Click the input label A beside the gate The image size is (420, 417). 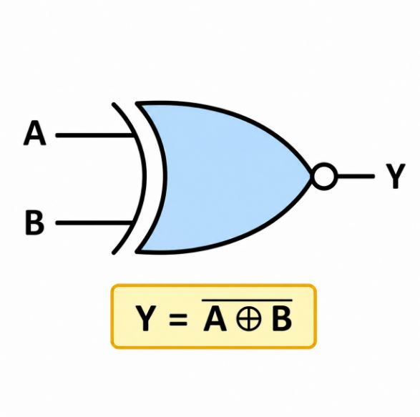(x=35, y=133)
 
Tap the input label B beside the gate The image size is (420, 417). (x=34, y=222)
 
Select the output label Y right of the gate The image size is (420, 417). (x=396, y=176)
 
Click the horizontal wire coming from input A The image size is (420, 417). (x=95, y=135)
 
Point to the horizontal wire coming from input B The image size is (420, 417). (x=94, y=222)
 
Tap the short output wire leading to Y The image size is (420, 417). (x=356, y=176)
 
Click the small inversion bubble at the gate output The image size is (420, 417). (x=324, y=176)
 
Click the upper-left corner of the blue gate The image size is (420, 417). (x=137, y=104)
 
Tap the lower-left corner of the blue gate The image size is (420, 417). (x=137, y=252)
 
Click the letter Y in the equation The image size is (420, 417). (x=145, y=318)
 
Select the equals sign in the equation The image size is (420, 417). (x=178, y=319)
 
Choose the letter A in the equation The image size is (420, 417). (x=215, y=318)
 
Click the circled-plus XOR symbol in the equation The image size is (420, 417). (x=248, y=319)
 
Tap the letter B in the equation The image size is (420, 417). (x=282, y=318)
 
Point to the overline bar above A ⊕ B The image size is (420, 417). (x=247, y=300)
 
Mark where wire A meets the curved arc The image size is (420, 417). (x=133, y=135)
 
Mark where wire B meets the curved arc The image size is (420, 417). (x=132, y=222)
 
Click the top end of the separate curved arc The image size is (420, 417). (x=114, y=104)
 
